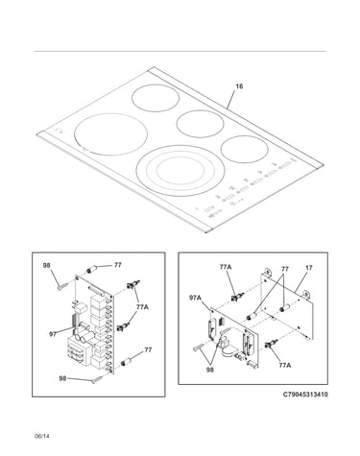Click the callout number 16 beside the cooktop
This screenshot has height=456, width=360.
coord(239,86)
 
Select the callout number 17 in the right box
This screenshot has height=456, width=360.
coord(308,268)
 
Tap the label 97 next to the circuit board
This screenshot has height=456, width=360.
coord(53,334)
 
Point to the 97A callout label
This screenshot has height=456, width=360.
coord(195,298)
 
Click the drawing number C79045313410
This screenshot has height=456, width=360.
coord(305,395)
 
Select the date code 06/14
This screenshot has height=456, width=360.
coord(42,436)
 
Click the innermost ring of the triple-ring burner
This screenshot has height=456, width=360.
coord(180,171)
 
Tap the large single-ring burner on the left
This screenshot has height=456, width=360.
coord(110,134)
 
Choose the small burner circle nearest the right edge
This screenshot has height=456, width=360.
coord(244,150)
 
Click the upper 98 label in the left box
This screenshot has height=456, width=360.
coord(47,265)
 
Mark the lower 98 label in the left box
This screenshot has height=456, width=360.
coord(62,378)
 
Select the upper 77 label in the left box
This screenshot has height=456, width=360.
coord(118,265)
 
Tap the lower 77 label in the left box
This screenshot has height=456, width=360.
coord(148,349)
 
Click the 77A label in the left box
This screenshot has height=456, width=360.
coord(142,307)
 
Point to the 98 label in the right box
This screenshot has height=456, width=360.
coord(210,370)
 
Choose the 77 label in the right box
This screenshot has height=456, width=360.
coord(285,269)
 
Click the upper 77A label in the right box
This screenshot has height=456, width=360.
coord(226,267)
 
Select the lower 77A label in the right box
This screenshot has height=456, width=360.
coord(284,365)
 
